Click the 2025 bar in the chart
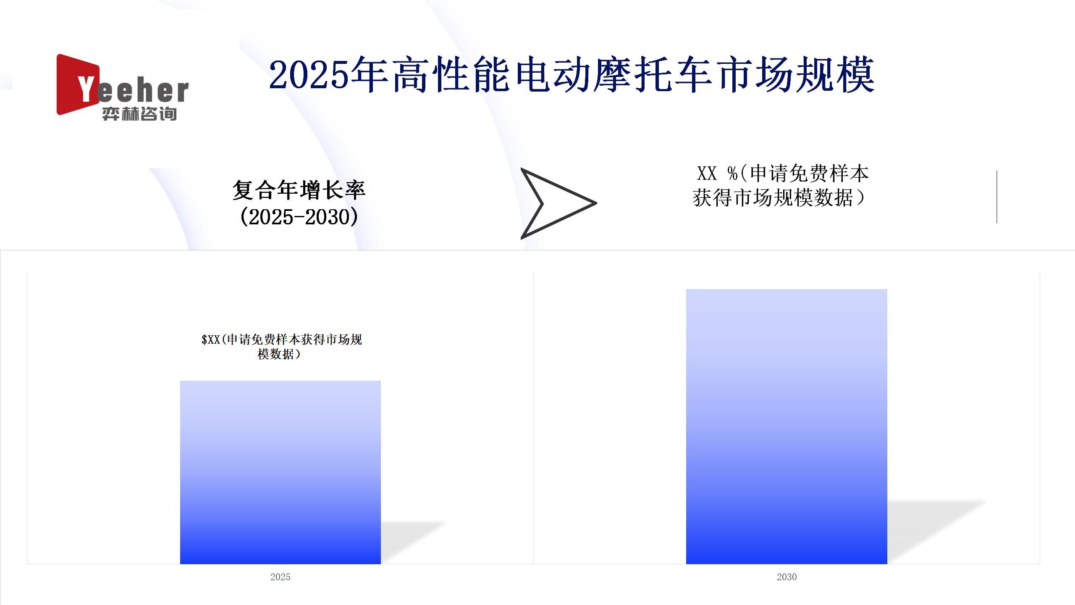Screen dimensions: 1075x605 pyautogui.click(x=281, y=472)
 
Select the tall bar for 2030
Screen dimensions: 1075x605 pyautogui.click(x=787, y=426)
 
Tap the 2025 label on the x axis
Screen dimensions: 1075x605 pyautogui.click(x=281, y=577)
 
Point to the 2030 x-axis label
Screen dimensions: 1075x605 pyautogui.click(x=787, y=577)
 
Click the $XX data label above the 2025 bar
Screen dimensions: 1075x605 pyautogui.click(x=281, y=347)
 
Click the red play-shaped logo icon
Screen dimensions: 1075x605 pyautogui.click(x=76, y=84)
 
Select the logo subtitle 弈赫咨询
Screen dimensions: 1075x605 pyautogui.click(x=139, y=114)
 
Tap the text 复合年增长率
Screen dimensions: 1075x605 pyautogui.click(x=299, y=190)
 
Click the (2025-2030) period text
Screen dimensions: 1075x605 pyautogui.click(x=299, y=217)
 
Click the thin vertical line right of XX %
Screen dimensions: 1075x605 pyautogui.click(x=996, y=197)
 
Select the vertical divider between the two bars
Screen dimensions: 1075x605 pyautogui.click(x=533, y=418)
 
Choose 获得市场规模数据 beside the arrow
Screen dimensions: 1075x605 pyautogui.click(x=773, y=198)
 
